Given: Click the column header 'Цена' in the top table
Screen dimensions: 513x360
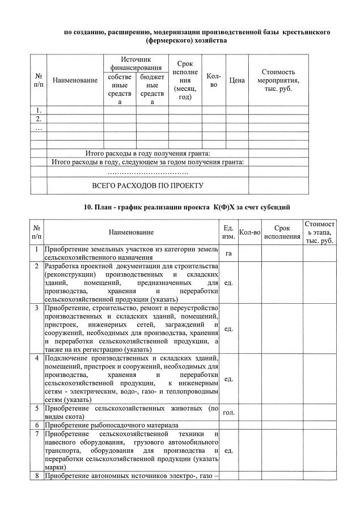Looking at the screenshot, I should tap(236, 80).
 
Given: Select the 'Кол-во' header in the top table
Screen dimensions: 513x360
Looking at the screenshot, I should tap(213, 80).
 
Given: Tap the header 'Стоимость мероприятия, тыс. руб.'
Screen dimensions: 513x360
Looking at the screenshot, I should tap(278, 80).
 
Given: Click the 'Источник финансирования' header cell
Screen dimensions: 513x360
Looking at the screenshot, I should tap(135, 63).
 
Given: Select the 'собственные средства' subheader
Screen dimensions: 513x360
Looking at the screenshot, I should tap(120, 89).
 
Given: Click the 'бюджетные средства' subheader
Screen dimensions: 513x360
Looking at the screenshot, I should tap(152, 89).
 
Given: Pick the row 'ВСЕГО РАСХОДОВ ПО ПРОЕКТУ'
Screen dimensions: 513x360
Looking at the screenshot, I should tap(147, 185).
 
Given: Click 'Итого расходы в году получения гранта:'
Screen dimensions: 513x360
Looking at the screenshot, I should tap(147, 154).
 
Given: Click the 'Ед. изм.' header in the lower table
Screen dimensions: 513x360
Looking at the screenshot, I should tap(228, 232).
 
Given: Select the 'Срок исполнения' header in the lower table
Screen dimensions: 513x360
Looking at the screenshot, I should tap(282, 232).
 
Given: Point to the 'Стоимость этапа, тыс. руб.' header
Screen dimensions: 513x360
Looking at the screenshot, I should tap(320, 232).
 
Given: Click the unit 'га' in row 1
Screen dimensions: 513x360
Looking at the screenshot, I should tap(228, 253).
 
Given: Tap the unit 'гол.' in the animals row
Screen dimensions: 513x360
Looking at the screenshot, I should tap(228, 412).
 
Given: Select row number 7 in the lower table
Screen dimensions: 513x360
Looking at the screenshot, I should tap(37, 434).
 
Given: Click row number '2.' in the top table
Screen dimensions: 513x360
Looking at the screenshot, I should tap(39, 119).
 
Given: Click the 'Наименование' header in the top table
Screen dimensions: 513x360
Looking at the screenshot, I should tap(75, 80).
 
